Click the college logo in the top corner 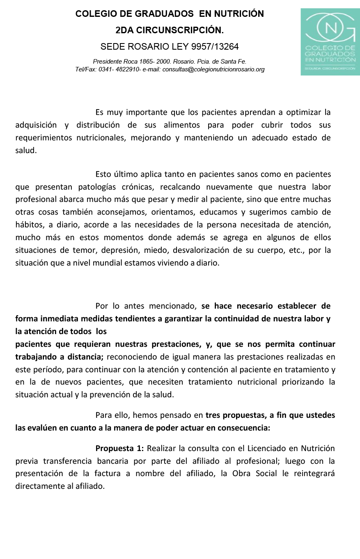tap(330, 41)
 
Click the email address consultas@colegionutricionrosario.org tap(213, 70)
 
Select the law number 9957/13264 tap(213, 46)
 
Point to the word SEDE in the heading tap(111, 46)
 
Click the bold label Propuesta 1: tap(119, 448)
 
